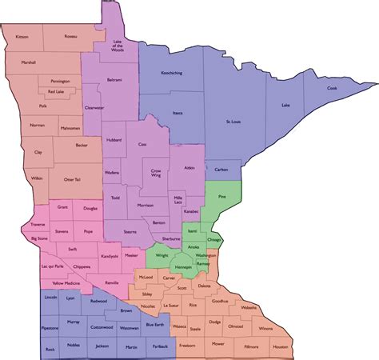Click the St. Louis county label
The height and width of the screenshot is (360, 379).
234,122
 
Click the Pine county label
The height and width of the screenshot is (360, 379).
222,196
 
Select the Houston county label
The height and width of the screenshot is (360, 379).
280,346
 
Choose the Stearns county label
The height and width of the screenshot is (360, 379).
130,232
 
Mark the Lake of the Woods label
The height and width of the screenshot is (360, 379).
117,46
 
